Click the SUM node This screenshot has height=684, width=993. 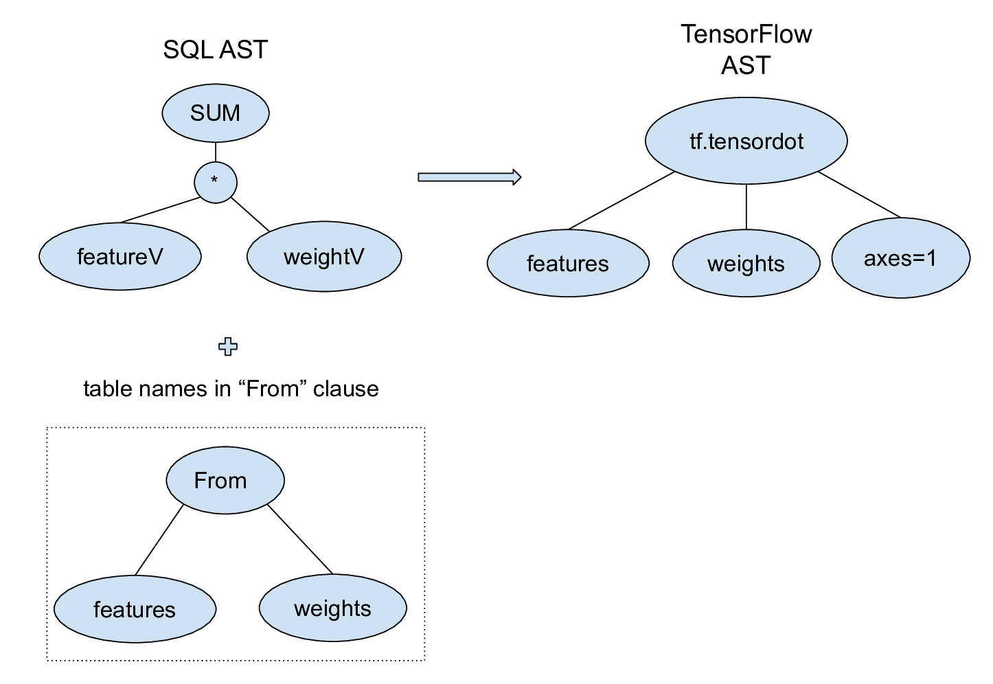[215, 113]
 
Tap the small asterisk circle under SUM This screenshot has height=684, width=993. [215, 183]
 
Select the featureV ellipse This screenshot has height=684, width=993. [120, 257]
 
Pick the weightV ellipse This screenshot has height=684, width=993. [323, 257]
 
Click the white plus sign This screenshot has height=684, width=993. [227, 347]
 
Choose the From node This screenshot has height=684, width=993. [225, 480]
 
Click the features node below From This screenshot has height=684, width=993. [135, 609]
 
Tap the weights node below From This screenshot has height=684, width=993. [332, 608]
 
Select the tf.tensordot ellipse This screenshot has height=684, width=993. [746, 141]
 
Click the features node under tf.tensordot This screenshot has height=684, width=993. [568, 264]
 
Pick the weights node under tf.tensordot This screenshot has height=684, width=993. [746, 264]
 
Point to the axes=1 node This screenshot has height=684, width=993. [900, 258]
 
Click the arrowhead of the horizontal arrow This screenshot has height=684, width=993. [516, 177]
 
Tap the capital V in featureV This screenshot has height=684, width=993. [155, 257]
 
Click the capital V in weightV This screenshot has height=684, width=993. [356, 257]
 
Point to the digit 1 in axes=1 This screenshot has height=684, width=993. [931, 258]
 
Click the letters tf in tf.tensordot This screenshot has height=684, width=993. [696, 141]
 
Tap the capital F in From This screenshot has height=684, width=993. [201, 480]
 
